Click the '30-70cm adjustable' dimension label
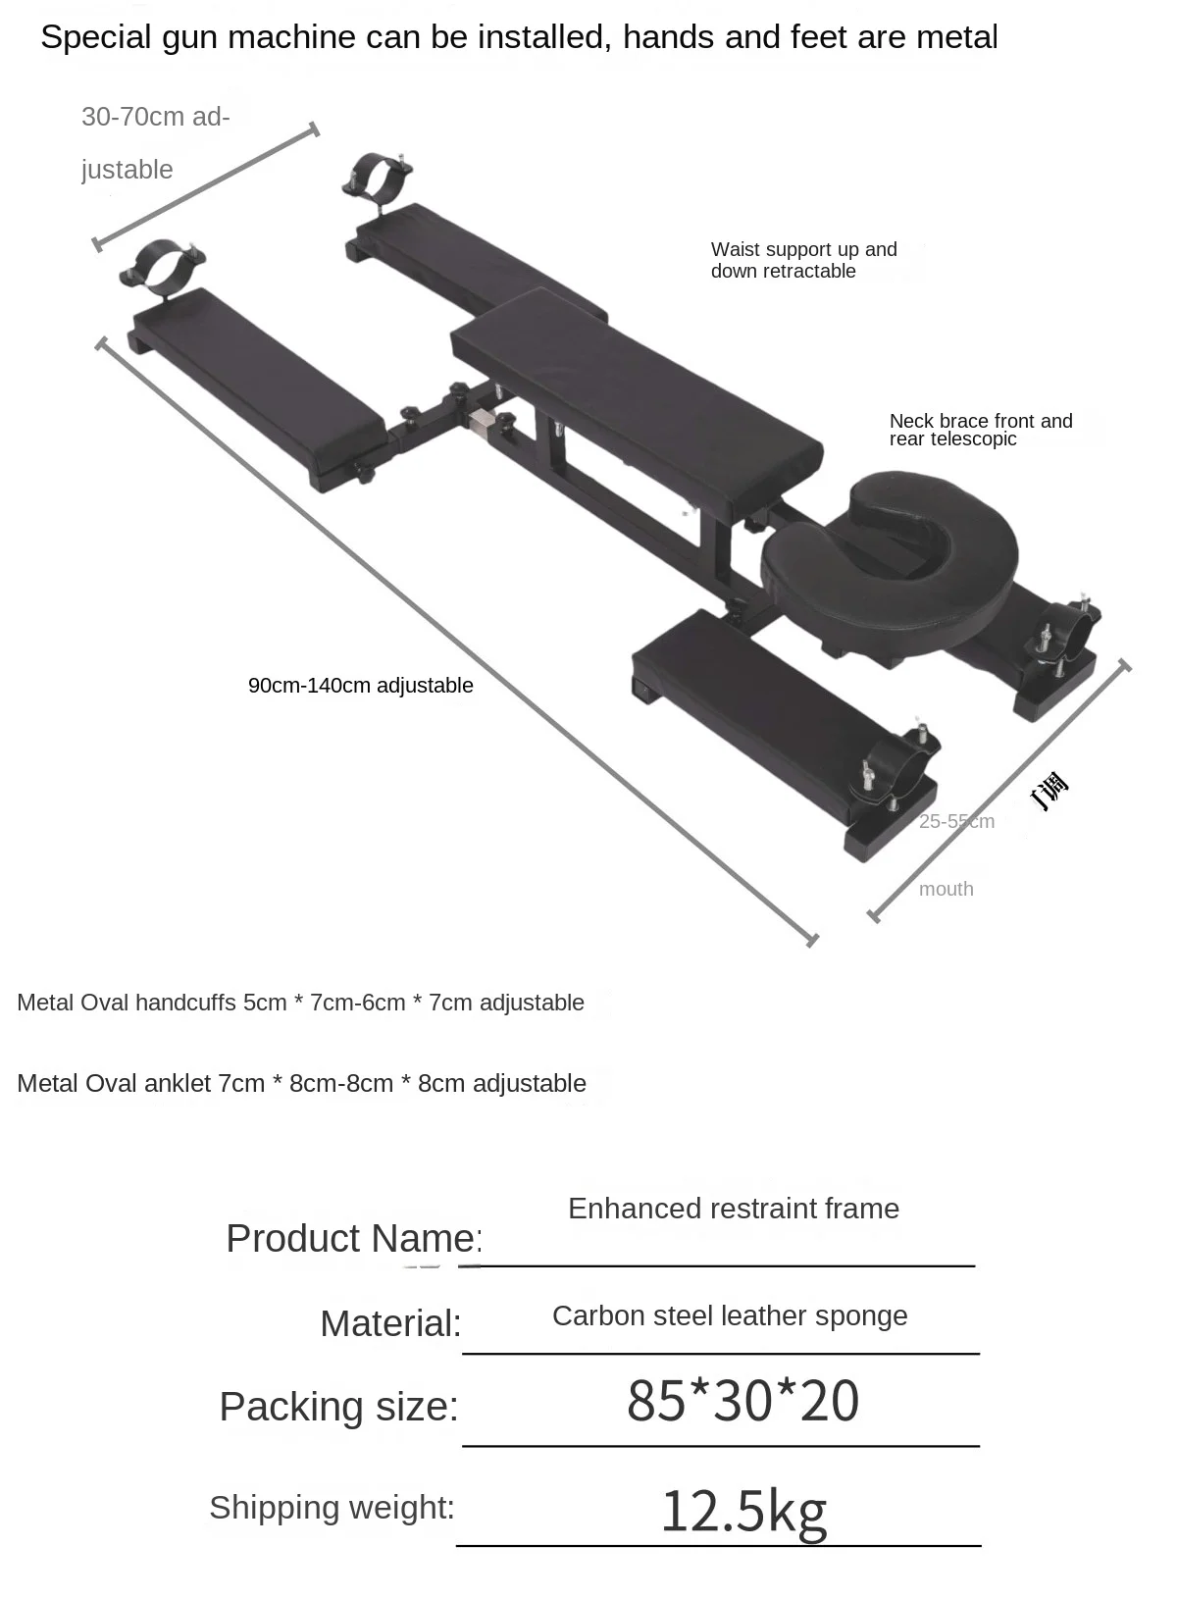click(155, 142)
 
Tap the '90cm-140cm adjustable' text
click(360, 686)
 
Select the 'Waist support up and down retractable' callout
click(803, 260)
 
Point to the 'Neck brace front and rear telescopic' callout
click(980, 430)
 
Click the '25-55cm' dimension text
click(956, 821)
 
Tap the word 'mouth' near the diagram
click(946, 889)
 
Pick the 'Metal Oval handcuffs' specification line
click(300, 1003)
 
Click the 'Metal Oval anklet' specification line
click(301, 1083)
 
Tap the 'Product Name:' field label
click(353, 1238)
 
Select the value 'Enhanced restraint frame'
click(733, 1209)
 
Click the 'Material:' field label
click(390, 1323)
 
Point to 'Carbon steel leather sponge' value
click(730, 1315)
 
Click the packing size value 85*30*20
click(742, 1401)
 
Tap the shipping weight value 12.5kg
click(742, 1511)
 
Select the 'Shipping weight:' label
click(332, 1507)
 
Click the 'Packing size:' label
click(338, 1407)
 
